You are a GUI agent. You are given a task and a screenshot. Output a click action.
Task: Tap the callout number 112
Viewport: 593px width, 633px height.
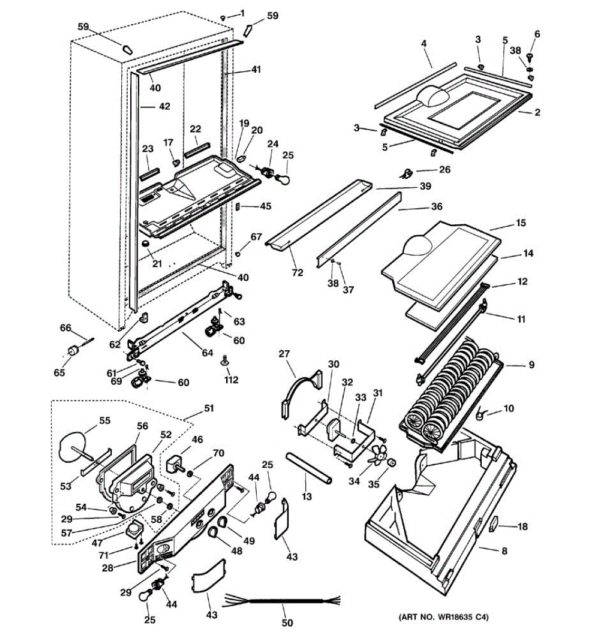[231, 380]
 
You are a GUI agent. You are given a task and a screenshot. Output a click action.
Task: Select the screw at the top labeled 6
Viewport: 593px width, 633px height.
[530, 57]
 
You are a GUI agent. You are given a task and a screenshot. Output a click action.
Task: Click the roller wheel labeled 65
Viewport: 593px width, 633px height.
[74, 351]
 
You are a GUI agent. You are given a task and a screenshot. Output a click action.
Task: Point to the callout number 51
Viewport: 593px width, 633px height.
[208, 408]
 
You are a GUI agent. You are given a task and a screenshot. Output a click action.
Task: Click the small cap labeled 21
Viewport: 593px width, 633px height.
[145, 244]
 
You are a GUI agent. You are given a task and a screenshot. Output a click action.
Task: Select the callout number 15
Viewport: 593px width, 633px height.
[520, 223]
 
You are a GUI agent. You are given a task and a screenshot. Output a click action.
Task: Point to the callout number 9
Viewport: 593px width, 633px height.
[531, 365]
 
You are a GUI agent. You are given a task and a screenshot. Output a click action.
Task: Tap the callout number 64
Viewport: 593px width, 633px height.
[207, 352]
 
